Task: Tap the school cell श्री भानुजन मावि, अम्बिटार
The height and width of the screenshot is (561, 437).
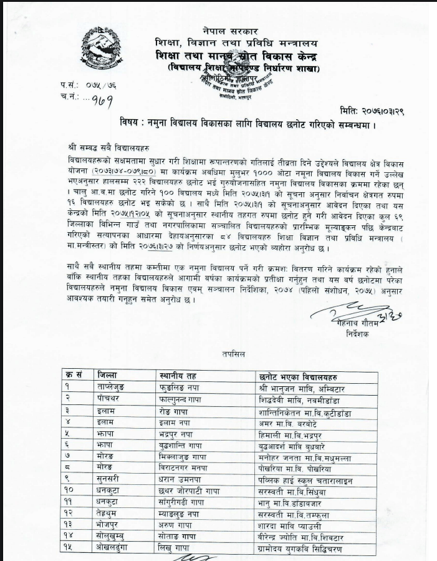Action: [x=302, y=388]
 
